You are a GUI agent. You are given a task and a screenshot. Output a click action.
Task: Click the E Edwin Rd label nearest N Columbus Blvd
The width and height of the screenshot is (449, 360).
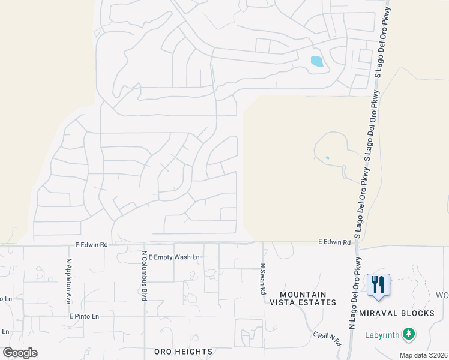click(91, 245)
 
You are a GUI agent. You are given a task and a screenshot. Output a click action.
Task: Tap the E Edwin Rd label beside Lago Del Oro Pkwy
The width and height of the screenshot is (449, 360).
click(334, 242)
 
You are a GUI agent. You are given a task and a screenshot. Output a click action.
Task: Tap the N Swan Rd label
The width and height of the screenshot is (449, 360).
click(262, 278)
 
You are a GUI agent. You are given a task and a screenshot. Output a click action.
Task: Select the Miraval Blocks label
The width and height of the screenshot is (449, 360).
click(397, 314)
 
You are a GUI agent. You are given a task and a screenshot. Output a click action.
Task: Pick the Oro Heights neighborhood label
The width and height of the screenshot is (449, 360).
click(183, 351)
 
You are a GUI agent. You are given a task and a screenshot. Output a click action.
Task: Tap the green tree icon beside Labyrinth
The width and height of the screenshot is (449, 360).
click(409, 333)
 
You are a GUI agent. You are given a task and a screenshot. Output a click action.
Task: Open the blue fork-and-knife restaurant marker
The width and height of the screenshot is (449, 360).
click(378, 284)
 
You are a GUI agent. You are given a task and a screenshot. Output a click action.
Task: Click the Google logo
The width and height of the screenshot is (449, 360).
click(20, 353)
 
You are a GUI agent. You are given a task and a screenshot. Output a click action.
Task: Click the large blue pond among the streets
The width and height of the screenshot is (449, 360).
click(316, 61)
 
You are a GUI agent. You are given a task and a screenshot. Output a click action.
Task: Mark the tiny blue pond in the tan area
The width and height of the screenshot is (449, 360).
click(327, 158)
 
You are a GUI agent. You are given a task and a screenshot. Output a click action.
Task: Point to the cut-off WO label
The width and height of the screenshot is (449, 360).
click(442, 296)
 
